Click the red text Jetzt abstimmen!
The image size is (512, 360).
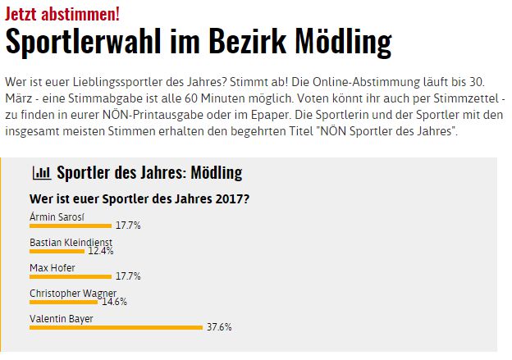pyautogui.click(x=62, y=13)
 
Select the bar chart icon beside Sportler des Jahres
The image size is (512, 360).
pyautogui.click(x=40, y=173)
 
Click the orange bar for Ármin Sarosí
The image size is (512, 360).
pyautogui.click(x=70, y=225)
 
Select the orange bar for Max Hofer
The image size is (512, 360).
pyautogui.click(x=70, y=276)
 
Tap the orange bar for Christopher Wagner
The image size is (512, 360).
pyautogui.click(x=63, y=302)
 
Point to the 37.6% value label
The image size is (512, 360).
pyautogui.click(x=219, y=327)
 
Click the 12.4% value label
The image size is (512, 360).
pyautogui.click(x=101, y=251)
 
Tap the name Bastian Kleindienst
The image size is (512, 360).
pyautogui.click(x=71, y=242)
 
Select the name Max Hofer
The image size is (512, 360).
pyautogui.click(x=51, y=267)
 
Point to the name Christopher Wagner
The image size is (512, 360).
pyautogui.click(x=73, y=293)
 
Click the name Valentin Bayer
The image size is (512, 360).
pyautogui.click(x=62, y=318)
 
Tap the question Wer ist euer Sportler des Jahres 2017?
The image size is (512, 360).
pyautogui.click(x=140, y=198)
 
